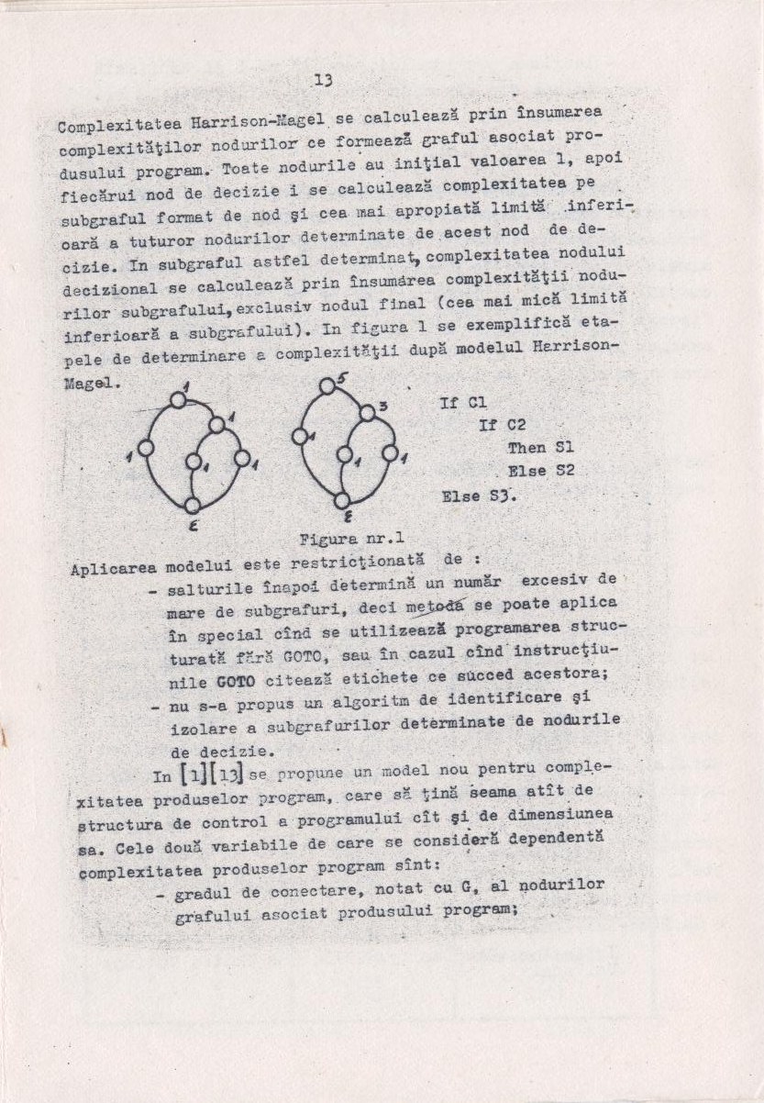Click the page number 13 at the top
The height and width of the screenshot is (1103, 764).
321,80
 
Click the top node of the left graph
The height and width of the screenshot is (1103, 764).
178,399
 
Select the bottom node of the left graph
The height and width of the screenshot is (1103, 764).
192,504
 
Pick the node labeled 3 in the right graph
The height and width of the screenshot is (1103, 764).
367,413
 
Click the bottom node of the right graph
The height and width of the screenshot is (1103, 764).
342,500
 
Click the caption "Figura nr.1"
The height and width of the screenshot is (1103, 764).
352,538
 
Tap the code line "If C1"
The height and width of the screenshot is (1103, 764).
463,402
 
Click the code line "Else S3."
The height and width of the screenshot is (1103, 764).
479,496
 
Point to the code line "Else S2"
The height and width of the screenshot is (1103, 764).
541,472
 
